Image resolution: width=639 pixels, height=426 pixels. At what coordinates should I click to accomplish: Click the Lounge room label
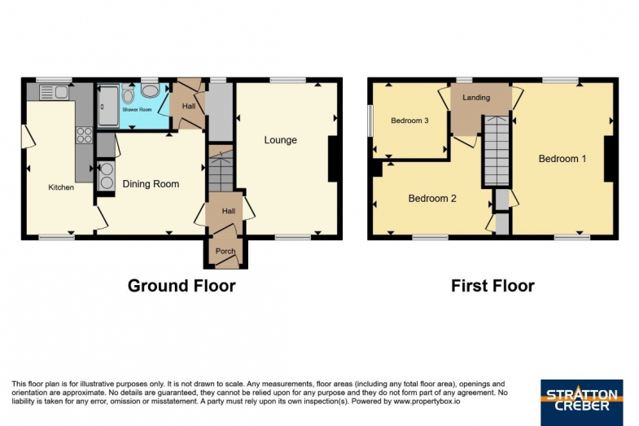(x=280, y=140)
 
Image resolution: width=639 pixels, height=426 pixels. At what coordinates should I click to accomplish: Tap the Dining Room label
(x=151, y=184)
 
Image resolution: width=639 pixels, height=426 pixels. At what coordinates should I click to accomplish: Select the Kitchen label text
(x=61, y=187)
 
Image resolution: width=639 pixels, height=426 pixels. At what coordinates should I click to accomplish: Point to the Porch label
(x=225, y=251)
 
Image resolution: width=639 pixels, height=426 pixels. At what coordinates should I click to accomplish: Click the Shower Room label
(x=137, y=110)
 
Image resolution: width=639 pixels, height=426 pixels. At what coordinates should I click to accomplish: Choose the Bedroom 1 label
(x=562, y=159)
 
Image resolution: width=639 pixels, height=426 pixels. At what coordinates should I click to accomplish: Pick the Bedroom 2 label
(x=432, y=199)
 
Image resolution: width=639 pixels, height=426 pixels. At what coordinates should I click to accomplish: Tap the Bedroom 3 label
(x=409, y=121)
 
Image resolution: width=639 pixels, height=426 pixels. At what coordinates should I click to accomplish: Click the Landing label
(x=476, y=98)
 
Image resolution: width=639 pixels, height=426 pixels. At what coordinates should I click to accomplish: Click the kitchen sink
(x=54, y=92)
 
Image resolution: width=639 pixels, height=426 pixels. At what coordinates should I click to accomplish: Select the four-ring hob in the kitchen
(x=85, y=135)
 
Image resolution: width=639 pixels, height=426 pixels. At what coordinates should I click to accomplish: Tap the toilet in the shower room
(x=128, y=94)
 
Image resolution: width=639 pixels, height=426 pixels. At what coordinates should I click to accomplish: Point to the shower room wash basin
(x=151, y=91)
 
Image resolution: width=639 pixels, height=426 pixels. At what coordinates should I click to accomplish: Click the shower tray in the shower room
(x=108, y=106)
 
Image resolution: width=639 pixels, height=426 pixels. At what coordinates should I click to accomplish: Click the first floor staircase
(x=496, y=151)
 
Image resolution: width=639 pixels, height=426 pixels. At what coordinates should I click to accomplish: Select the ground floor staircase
(x=221, y=168)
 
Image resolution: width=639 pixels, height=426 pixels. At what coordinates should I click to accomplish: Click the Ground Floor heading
(x=182, y=286)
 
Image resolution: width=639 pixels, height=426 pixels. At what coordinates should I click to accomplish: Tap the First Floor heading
(x=492, y=286)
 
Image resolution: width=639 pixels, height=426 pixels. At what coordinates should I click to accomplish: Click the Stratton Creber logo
(x=581, y=402)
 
